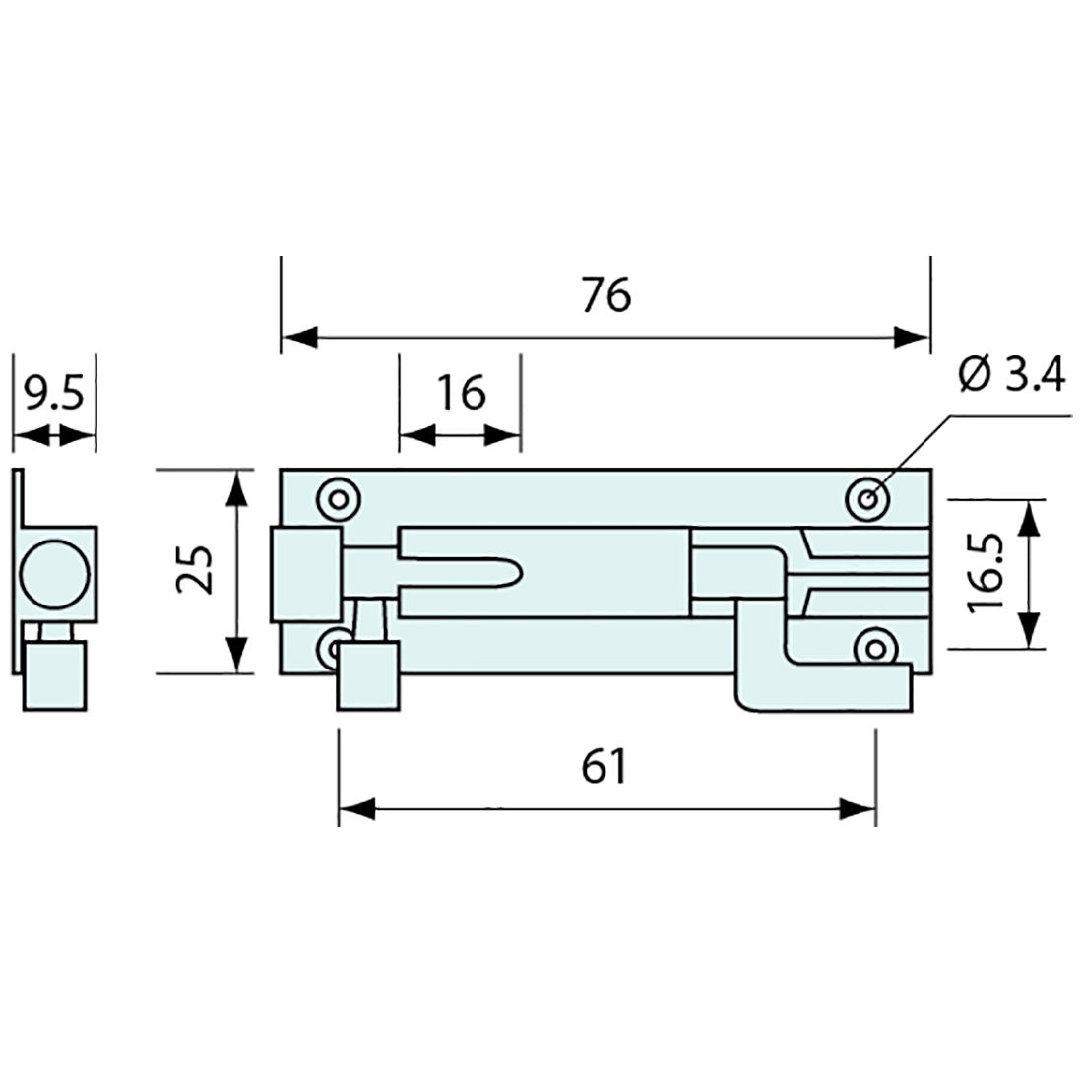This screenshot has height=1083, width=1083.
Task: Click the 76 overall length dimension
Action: pos(605,295)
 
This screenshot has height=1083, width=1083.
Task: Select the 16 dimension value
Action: pos(461,393)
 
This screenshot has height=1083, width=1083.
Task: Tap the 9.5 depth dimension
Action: pos(53,392)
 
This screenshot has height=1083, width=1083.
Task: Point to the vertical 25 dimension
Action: pos(194,570)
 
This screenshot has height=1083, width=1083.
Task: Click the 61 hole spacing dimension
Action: pos(605,766)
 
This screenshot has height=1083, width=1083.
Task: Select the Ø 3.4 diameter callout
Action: pos(1012,376)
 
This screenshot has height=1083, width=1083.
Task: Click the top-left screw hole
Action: pos(339,499)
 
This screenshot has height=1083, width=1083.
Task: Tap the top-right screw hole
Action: pos(868,499)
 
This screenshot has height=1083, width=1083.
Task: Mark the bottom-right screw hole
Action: pos(876,649)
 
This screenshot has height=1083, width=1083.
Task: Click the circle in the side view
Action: pos(54,575)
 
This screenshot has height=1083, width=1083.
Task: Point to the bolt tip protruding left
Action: pos(306,575)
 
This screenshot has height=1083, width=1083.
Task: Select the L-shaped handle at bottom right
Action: pos(823,656)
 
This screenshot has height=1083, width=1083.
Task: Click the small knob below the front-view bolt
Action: pos(368,676)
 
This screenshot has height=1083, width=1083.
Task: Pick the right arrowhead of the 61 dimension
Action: pos(858,808)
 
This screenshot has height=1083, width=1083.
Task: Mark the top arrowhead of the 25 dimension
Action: pos(237,489)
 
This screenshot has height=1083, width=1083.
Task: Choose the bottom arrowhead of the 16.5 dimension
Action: pos(1029,629)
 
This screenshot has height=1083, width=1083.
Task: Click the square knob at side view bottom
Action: pos(55,676)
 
